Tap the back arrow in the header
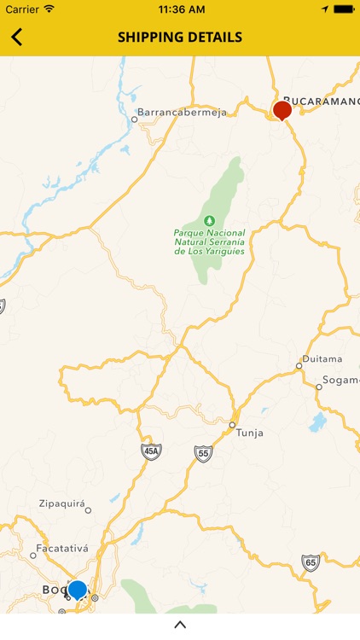pyautogui.click(x=17, y=38)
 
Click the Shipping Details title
pyautogui.click(x=180, y=38)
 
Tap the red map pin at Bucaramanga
pyautogui.click(x=282, y=109)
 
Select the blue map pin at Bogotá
pyautogui.click(x=78, y=590)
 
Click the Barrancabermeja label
pyautogui.click(x=182, y=112)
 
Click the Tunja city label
pyautogui.click(x=250, y=433)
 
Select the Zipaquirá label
pyautogui.click(x=62, y=503)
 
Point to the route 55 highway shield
pyautogui.click(x=203, y=453)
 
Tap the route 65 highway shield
pyautogui.click(x=311, y=562)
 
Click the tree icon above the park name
pyautogui.click(x=209, y=220)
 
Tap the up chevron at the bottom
pyautogui.click(x=180, y=625)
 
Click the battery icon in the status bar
pyautogui.click(x=344, y=9)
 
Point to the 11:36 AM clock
pyautogui.click(x=180, y=9)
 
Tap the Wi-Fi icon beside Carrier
pyautogui.click(x=49, y=9)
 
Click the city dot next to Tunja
pyautogui.click(x=232, y=424)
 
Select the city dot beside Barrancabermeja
pyautogui.click(x=134, y=119)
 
